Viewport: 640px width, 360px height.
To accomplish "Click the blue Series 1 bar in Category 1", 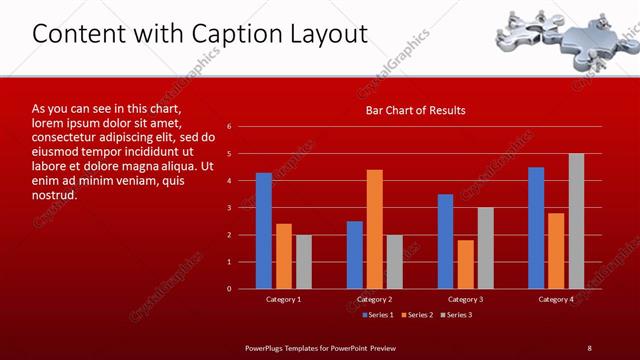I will [x=263, y=231].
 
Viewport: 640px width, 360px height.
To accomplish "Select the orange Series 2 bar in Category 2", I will [x=374, y=229].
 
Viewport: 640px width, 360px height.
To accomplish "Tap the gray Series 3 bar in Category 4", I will [x=576, y=221].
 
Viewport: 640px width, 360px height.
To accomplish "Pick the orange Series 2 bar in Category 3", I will [x=465, y=264].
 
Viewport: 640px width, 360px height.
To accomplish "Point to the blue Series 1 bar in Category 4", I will [x=536, y=228].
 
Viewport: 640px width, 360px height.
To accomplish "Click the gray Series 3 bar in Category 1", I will [x=303, y=262].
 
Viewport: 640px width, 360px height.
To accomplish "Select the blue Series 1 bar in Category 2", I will [x=354, y=255].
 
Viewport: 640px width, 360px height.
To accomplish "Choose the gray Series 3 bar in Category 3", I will [x=485, y=248].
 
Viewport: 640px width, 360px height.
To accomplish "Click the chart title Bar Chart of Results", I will [x=414, y=109].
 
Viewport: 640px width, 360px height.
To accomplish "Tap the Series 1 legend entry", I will [x=377, y=315].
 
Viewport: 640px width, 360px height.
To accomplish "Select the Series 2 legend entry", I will [x=418, y=315].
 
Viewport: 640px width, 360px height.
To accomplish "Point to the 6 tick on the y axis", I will [x=229, y=127].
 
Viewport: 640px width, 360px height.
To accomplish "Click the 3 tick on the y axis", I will [x=229, y=208].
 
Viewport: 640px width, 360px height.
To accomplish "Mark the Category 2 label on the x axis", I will [x=374, y=299].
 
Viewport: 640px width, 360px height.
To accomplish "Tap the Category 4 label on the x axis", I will [x=556, y=299].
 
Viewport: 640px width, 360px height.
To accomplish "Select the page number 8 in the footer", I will [x=590, y=347].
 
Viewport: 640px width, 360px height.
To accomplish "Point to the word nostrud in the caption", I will [x=54, y=195].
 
